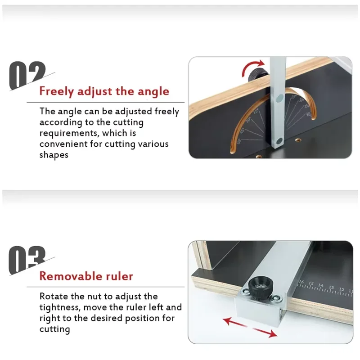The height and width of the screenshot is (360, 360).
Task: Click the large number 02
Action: [x=27, y=75]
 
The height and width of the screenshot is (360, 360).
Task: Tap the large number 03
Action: [x=27, y=260]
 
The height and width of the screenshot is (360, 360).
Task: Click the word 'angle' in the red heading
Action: [x=153, y=92]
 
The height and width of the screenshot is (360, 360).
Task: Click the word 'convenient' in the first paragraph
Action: [x=63, y=144]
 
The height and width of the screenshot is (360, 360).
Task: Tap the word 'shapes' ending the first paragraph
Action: [x=54, y=155]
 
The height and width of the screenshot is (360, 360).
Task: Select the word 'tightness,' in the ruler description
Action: [x=60, y=307]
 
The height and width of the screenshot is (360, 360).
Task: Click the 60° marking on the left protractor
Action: [x=239, y=141]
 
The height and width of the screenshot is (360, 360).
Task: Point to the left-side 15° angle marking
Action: [x=256, y=112]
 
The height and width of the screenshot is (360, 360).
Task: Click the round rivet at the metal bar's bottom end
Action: [x=279, y=141]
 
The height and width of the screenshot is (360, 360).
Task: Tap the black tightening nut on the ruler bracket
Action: [x=260, y=288]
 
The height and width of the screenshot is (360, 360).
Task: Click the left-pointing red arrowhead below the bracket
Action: [x=228, y=321]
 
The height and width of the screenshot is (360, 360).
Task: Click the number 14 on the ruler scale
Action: [x=321, y=286]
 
